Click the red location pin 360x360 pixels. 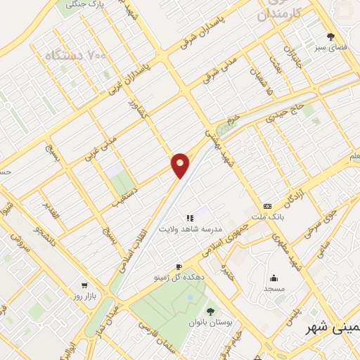[180, 164]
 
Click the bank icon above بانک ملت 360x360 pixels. [267, 206]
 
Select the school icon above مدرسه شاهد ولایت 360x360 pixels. [190, 219]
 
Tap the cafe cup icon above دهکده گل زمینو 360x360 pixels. [179, 266]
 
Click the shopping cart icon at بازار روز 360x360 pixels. [84, 285]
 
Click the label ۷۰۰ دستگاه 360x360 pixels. [74, 54]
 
